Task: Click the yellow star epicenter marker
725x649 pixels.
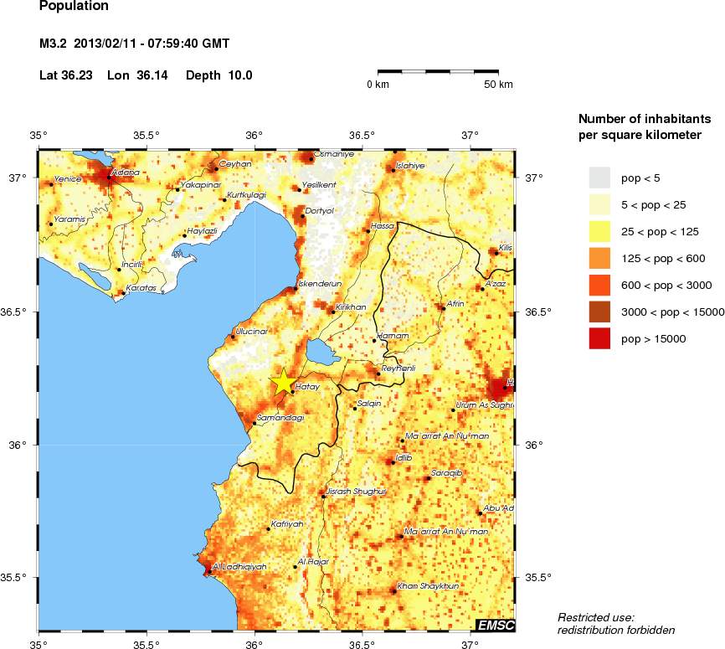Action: coord(283,382)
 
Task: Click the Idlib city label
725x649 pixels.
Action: coord(404,457)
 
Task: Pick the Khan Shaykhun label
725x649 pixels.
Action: coord(427,586)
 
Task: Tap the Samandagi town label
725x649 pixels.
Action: coord(280,417)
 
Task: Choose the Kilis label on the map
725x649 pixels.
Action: coord(504,248)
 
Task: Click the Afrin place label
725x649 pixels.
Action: coord(455,303)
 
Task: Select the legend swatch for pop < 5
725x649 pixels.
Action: coord(600,178)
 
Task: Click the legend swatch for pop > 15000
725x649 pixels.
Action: coord(600,338)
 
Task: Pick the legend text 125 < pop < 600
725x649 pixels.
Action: coord(665,258)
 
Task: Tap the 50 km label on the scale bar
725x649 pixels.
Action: coord(499,85)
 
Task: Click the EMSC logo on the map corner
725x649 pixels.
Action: coord(495,625)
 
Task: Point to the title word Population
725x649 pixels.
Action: coord(74,7)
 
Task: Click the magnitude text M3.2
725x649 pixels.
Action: coord(54,43)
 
